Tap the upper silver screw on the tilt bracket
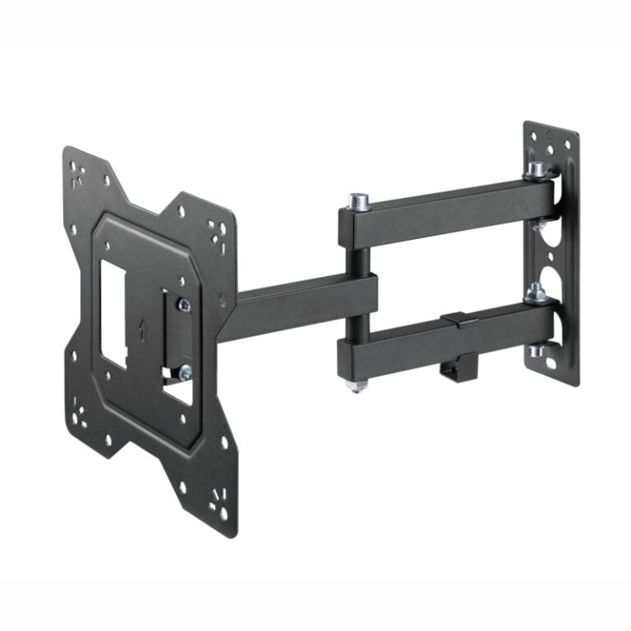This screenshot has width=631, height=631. click(x=184, y=305)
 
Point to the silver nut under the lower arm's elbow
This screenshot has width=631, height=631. click(x=357, y=385)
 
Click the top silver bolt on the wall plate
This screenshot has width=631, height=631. click(x=536, y=170)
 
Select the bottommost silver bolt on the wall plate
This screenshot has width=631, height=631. click(x=537, y=351)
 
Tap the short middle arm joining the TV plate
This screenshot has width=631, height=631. click(x=304, y=307)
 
